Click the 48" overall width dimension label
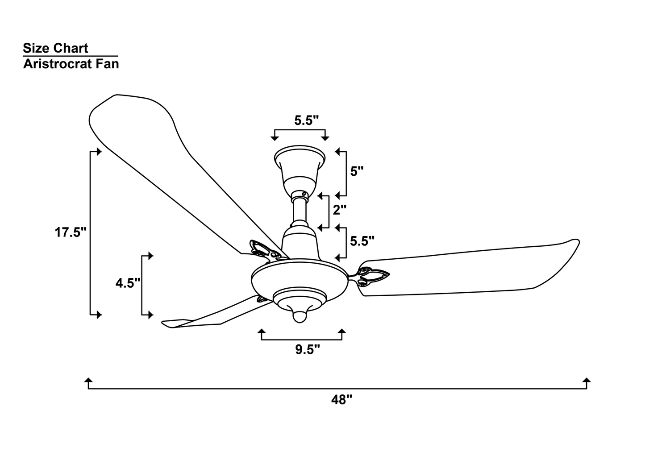(x=341, y=400)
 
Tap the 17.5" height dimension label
(x=71, y=232)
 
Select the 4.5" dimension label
(x=128, y=283)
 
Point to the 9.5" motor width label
(x=308, y=349)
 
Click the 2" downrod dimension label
(x=340, y=210)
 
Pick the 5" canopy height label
(x=357, y=172)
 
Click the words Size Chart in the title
(x=56, y=48)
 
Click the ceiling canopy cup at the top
(x=300, y=170)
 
